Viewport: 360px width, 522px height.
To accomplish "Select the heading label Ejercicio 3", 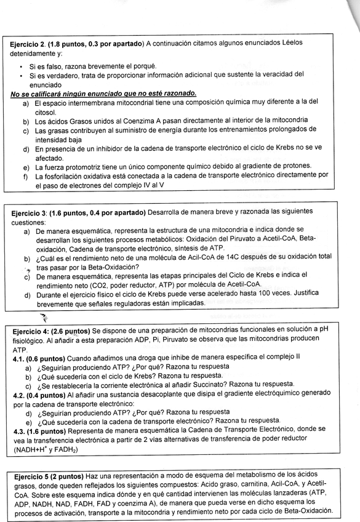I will click(x=30, y=212).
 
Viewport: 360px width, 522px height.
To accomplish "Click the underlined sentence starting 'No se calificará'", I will click(x=103, y=93).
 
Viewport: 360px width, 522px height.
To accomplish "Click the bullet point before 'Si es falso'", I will click(x=22, y=66).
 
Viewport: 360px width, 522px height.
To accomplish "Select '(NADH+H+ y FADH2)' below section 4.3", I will click(x=50, y=451).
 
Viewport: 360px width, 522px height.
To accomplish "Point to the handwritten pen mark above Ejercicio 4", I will click(x=44, y=318).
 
